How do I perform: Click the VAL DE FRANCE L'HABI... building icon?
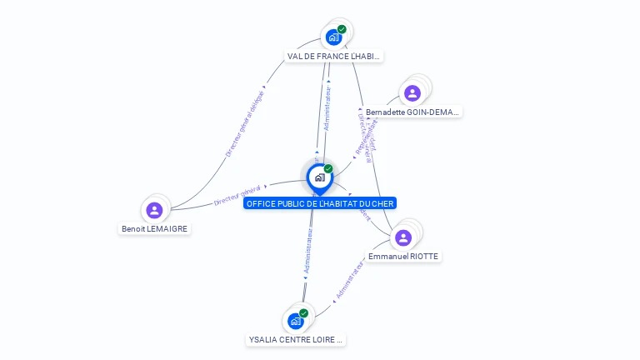click(333, 37)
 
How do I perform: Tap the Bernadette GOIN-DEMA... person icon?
click(411, 92)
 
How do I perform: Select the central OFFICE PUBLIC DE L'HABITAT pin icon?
click(318, 177)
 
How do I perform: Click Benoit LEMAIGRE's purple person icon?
click(153, 210)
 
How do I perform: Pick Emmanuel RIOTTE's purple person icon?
click(403, 237)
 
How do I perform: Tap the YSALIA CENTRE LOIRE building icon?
click(295, 321)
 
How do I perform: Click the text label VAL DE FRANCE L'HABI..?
click(333, 57)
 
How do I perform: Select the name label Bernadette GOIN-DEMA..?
click(412, 112)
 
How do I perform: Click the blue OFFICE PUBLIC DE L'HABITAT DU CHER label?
click(320, 203)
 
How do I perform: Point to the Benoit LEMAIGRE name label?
click(155, 228)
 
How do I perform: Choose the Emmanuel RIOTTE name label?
click(403, 257)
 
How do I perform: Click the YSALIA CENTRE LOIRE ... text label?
click(296, 340)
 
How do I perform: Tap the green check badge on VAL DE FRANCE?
click(342, 29)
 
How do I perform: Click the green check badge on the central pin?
click(328, 168)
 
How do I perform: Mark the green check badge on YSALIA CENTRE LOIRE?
click(303, 313)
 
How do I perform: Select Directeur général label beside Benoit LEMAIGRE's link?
click(237, 195)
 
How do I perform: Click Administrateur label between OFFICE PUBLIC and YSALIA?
click(308, 253)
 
